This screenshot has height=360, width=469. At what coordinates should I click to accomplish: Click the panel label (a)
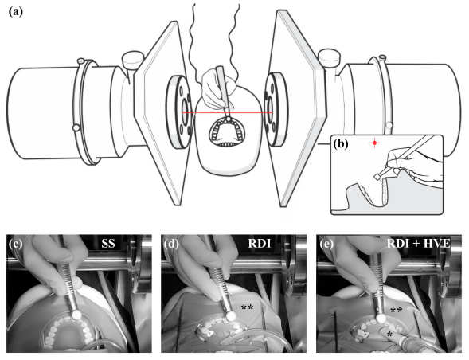click(16, 12)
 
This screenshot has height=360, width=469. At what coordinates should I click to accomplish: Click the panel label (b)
click(341, 144)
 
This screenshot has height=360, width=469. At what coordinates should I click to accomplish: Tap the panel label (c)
click(16, 244)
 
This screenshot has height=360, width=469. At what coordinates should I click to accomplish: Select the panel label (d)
click(171, 244)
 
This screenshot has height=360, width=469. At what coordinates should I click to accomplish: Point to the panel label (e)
click(326, 244)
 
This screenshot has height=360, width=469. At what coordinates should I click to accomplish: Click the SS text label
click(108, 244)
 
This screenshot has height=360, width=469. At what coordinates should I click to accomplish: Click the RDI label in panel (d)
click(260, 244)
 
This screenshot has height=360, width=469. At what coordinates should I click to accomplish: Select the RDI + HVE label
click(419, 244)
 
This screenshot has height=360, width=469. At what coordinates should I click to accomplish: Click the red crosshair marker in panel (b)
click(374, 143)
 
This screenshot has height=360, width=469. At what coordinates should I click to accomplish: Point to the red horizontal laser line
click(227, 112)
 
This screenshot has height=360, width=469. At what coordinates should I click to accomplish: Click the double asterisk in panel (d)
click(247, 307)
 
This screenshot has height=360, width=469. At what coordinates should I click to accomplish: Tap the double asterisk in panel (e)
click(396, 311)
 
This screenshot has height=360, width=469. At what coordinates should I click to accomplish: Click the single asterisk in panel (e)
click(389, 334)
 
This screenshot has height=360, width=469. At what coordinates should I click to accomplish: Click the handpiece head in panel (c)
click(77, 315)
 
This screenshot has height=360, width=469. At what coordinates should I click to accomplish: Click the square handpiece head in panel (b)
click(377, 177)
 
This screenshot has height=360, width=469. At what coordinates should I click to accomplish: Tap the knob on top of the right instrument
click(329, 59)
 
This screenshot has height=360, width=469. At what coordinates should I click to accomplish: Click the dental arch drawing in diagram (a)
click(228, 132)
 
